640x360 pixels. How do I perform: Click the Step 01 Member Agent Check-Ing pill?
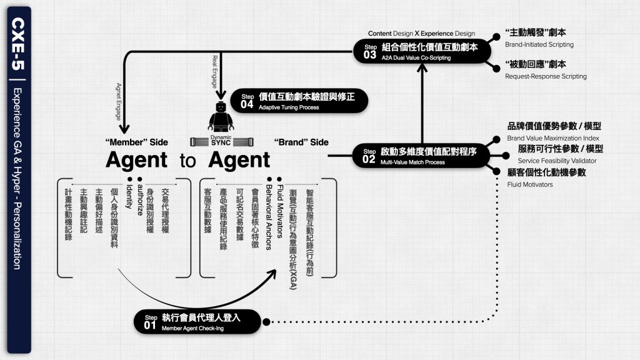201,321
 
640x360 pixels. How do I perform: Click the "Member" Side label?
136,142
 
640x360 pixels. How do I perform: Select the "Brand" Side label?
301,142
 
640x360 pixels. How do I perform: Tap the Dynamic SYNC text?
221,140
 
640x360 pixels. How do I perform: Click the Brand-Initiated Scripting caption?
539,45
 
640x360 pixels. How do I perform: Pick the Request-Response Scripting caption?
546,76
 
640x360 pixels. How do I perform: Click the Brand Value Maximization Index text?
553,138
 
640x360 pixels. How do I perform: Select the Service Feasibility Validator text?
557,161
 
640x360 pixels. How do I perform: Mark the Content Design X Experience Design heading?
421,34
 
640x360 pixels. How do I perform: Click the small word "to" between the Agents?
187,161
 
